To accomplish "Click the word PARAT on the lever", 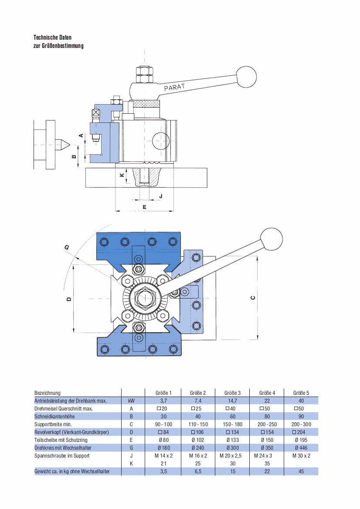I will [x=174, y=87].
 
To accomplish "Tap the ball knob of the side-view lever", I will [x=246, y=77].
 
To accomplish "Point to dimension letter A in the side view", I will [x=81, y=136].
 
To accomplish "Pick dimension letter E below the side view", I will [x=144, y=207].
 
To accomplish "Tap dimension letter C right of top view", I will [x=253, y=298].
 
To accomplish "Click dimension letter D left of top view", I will [x=69, y=299].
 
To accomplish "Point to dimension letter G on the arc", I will [x=67, y=248].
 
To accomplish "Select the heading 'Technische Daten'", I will [x=52, y=37].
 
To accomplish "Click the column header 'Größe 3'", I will [x=233, y=393].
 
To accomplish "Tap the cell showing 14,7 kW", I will [x=233, y=400].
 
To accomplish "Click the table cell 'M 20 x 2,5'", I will [x=233, y=455].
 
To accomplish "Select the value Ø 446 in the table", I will [x=301, y=448].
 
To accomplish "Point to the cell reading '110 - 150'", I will [x=198, y=424].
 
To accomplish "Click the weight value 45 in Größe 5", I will [x=301, y=472].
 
